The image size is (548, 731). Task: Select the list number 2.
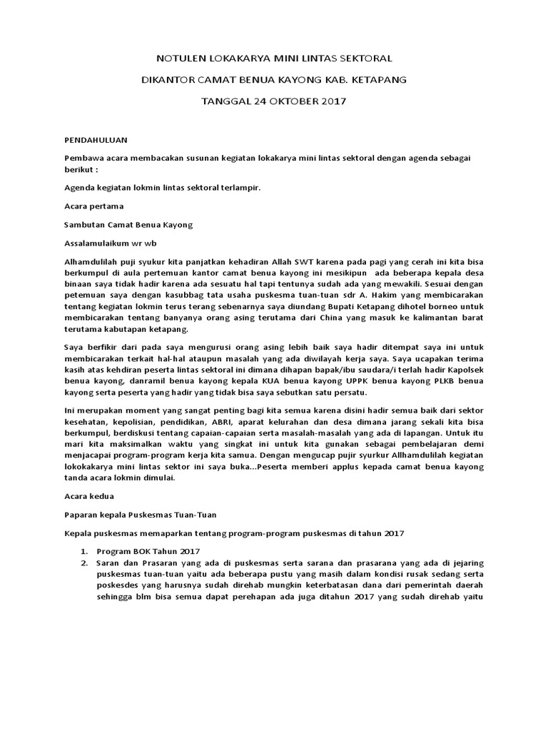click(83, 563)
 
